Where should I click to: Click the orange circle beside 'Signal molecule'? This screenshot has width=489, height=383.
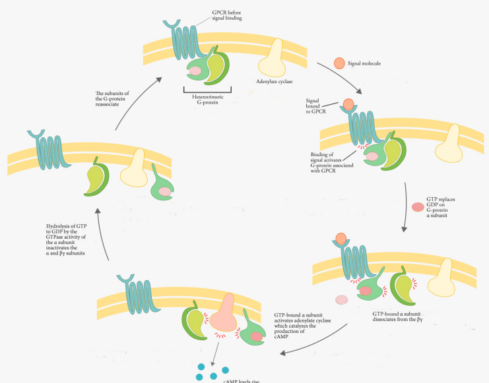[339, 63]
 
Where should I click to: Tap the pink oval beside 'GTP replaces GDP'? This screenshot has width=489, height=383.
[418, 207]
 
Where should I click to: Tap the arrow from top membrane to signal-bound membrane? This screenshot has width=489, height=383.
[338, 80]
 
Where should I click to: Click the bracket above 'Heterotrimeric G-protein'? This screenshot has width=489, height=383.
[207, 90]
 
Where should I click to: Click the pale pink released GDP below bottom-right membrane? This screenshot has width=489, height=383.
[341, 300]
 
